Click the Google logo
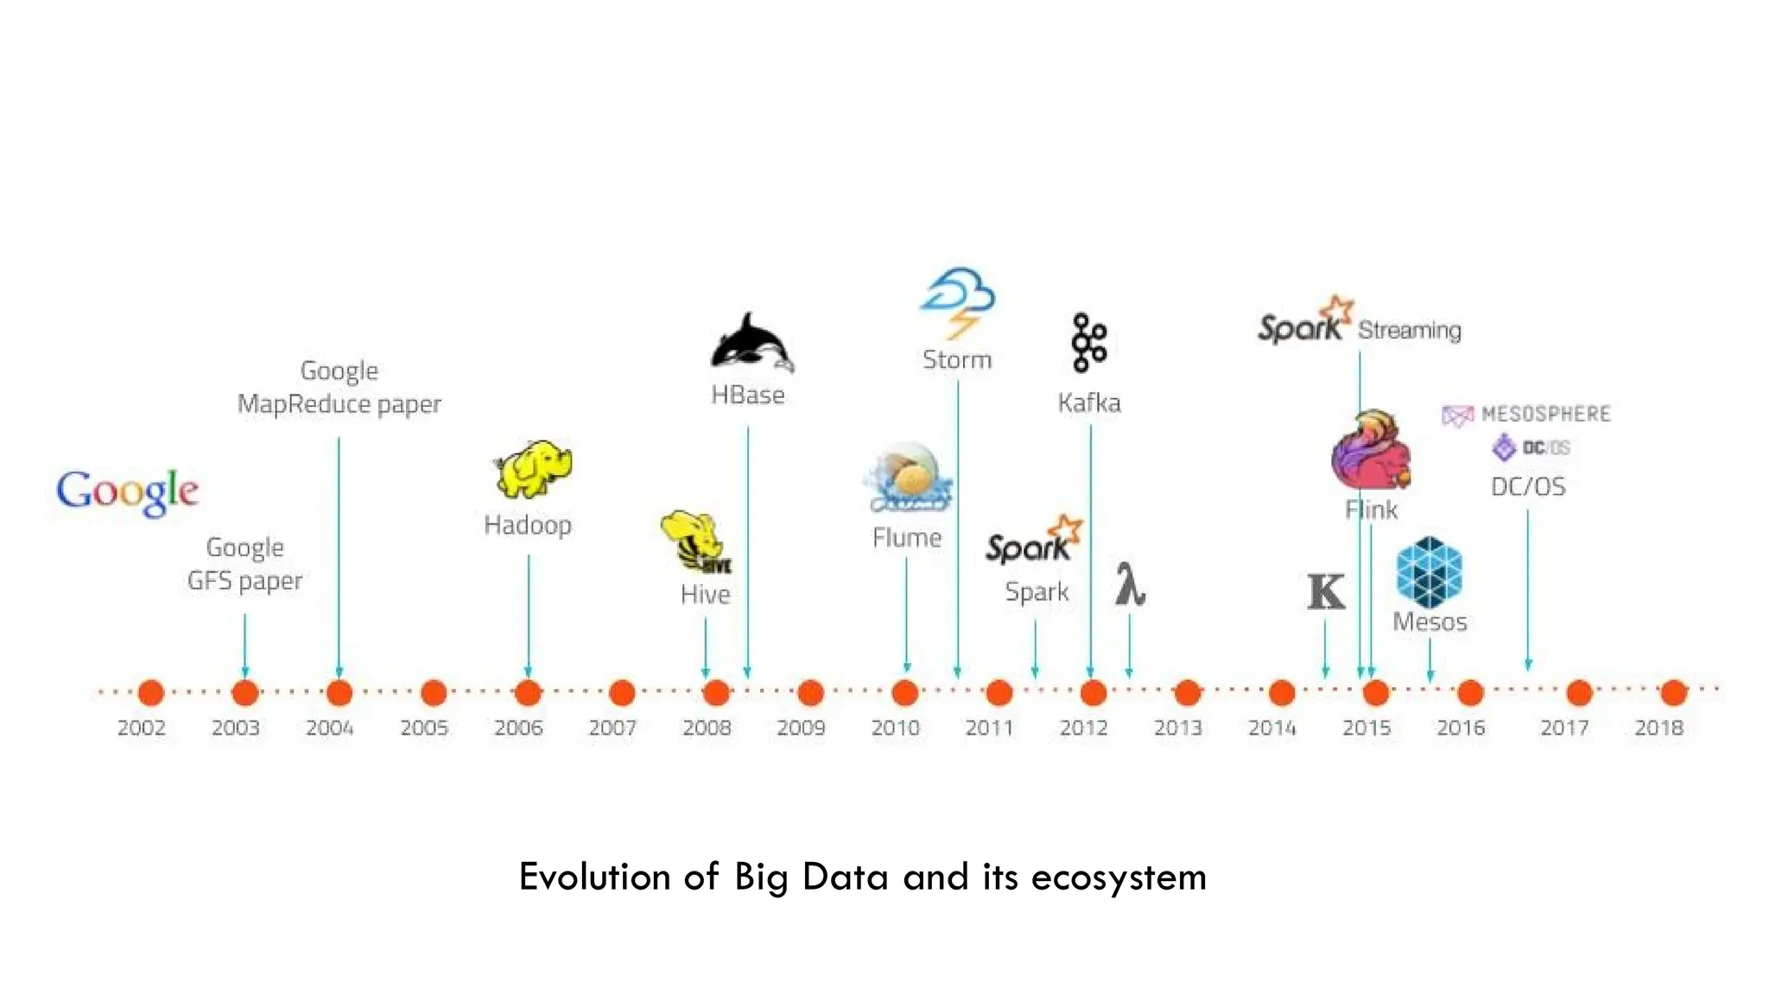[128, 491]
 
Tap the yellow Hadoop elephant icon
[532, 470]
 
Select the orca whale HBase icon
[751, 344]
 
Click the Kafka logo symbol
[1088, 343]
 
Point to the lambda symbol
[1129, 585]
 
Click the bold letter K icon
[1326, 592]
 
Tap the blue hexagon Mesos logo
[1429, 572]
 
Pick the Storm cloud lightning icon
[958, 302]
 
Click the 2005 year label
[424, 728]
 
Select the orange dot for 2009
[810, 693]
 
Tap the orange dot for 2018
[1673, 693]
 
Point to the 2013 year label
[1178, 728]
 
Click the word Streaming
[1409, 330]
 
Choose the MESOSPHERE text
[1545, 414]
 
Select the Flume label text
[907, 538]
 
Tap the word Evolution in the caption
[594, 877]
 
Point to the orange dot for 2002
[151, 693]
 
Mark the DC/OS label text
[1528, 486]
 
